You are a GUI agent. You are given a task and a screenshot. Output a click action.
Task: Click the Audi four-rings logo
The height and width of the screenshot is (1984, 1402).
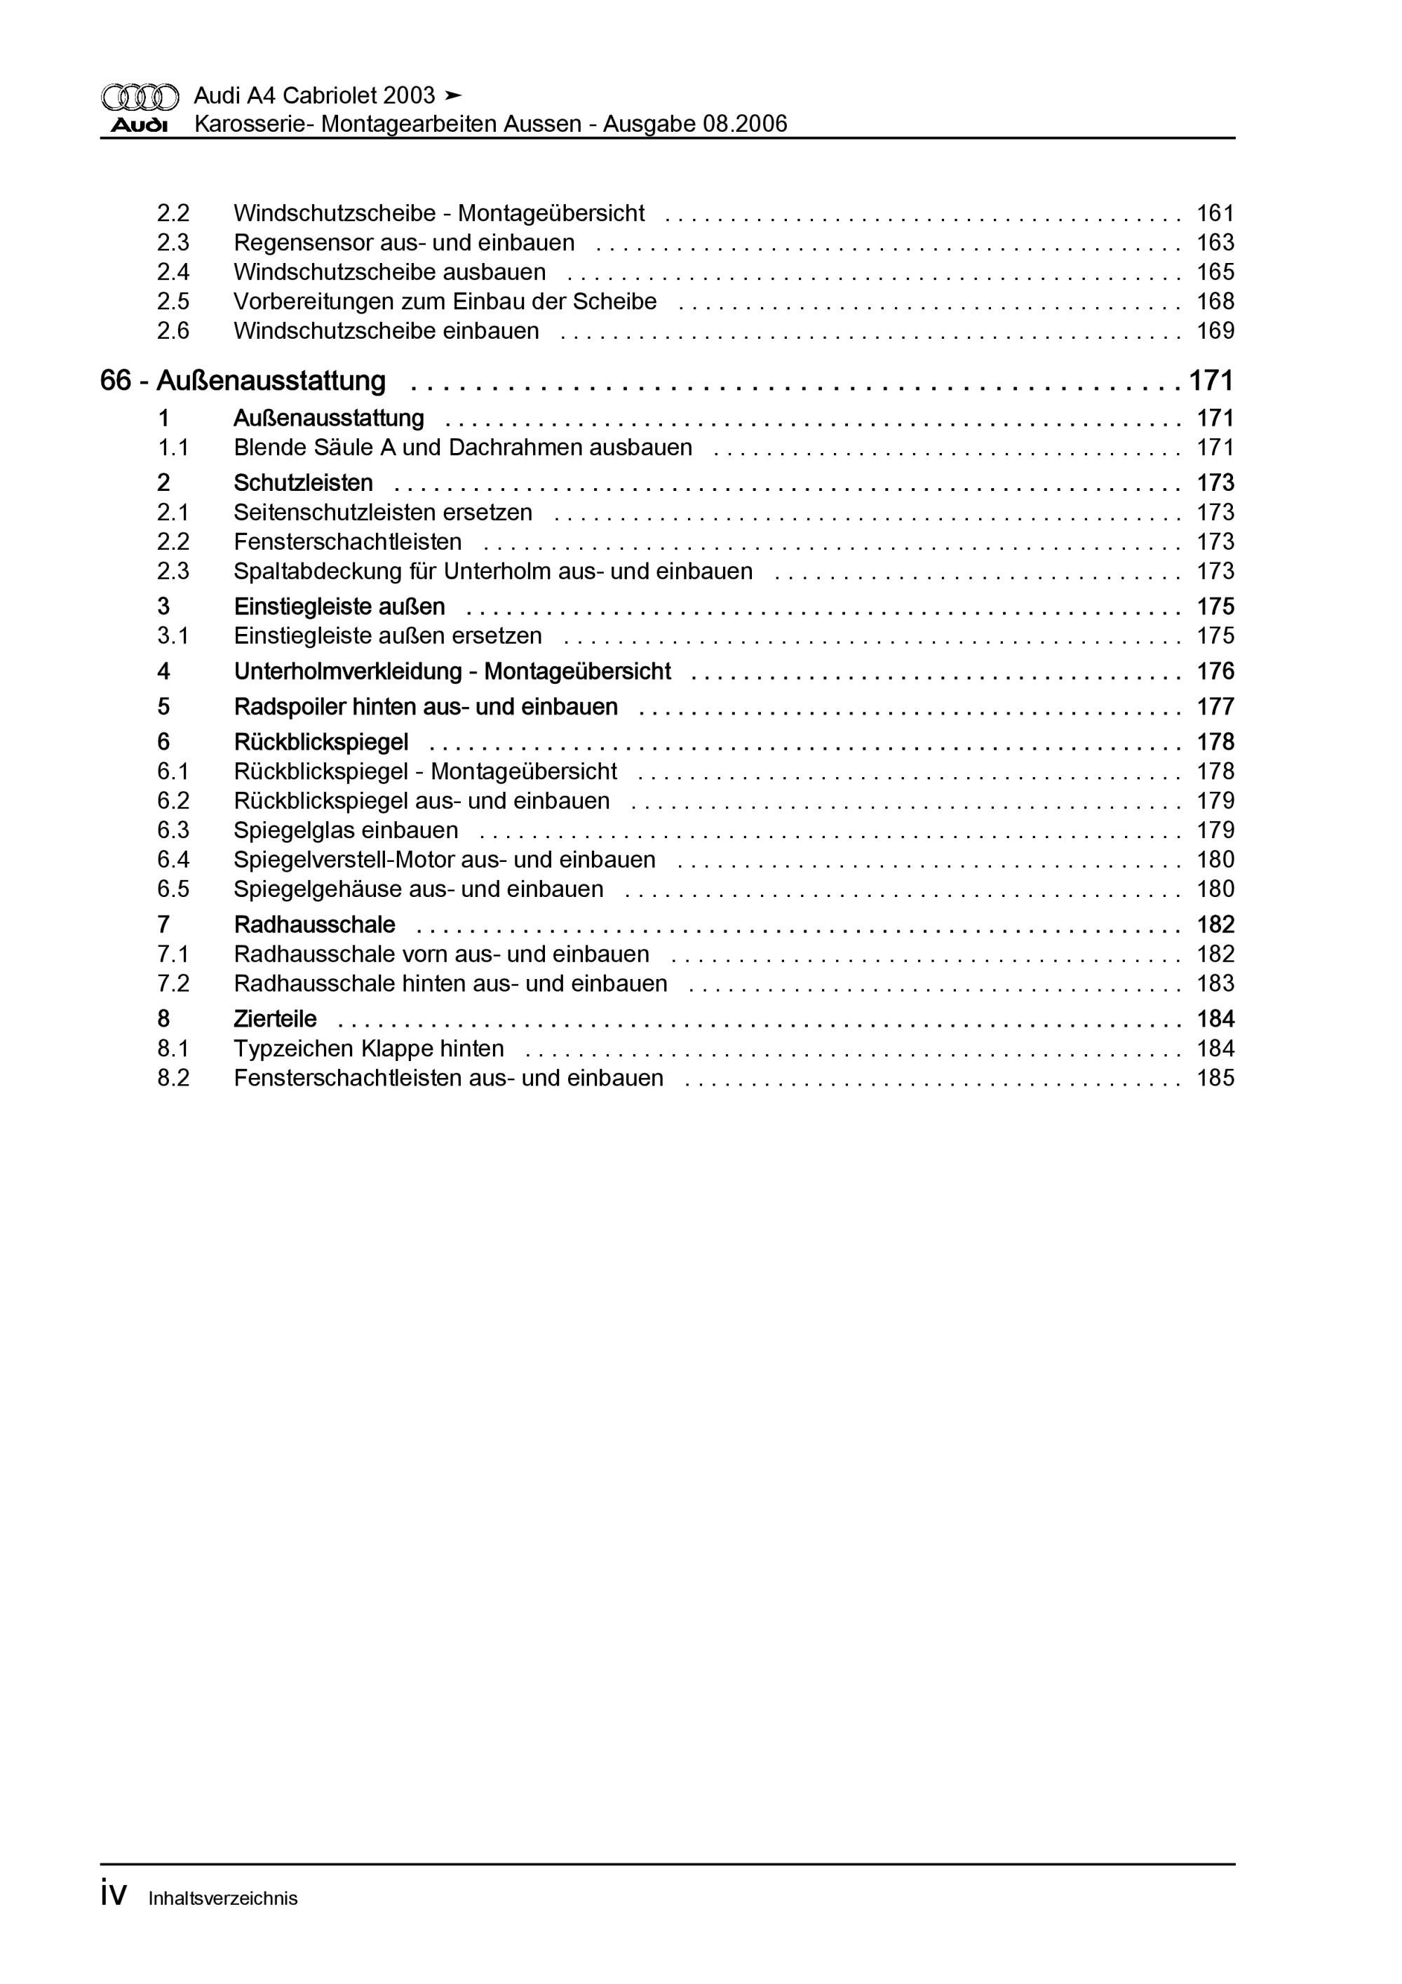140,97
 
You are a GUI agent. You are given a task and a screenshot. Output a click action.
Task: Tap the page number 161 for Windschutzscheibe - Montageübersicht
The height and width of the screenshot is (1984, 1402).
1215,212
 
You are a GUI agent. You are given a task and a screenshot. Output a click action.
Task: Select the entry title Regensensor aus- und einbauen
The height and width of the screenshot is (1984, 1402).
404,243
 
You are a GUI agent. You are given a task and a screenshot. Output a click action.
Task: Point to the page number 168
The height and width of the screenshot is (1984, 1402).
1215,302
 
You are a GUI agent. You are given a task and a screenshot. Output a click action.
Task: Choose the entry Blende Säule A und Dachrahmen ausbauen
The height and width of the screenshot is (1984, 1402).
462,447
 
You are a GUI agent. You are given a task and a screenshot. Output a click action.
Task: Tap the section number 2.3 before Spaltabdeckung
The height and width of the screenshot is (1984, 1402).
173,571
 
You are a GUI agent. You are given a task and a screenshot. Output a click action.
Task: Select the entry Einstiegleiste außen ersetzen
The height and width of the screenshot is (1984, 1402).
387,636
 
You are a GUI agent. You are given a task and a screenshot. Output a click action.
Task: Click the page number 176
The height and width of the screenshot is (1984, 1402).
1215,671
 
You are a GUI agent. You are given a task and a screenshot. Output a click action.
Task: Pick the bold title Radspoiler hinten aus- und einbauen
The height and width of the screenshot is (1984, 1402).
425,707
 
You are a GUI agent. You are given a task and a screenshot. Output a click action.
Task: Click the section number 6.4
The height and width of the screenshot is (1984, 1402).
173,860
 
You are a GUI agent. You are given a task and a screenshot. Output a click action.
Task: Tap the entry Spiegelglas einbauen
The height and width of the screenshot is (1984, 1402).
346,830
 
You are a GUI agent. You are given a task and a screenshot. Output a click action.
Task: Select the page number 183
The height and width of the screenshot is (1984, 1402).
1215,983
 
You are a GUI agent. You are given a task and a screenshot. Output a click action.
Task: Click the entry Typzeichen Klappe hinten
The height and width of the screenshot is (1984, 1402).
368,1048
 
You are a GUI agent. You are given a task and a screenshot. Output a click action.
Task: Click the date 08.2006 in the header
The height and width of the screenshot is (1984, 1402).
744,124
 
